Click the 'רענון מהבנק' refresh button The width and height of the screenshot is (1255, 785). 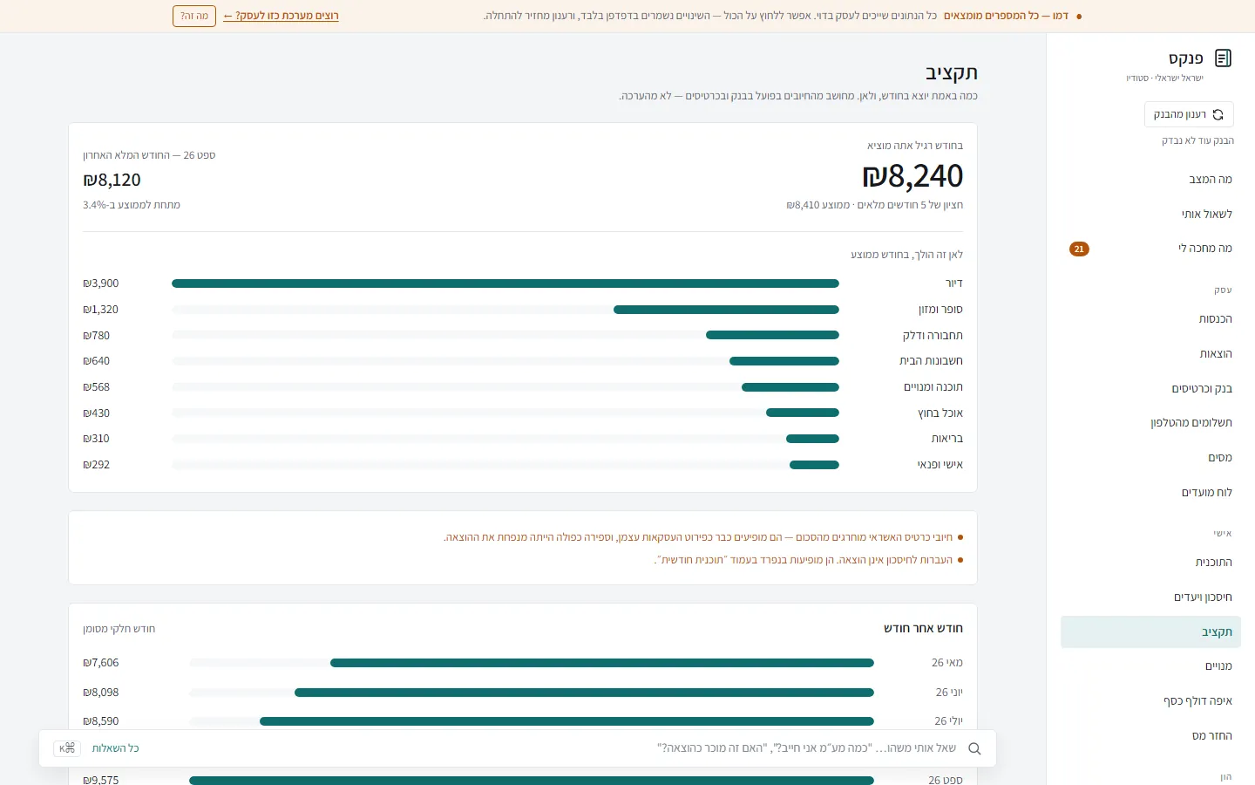point(1189,114)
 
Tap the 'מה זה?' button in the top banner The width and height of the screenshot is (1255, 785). point(193,16)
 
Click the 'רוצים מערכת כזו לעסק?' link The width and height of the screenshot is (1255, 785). point(281,16)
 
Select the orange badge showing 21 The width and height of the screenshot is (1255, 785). point(1079,249)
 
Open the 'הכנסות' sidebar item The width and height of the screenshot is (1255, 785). point(1215,319)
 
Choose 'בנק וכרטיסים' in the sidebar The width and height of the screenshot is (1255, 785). point(1202,389)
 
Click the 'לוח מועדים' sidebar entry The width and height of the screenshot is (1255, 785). point(1207,492)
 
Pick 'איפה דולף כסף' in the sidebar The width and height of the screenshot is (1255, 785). point(1197,701)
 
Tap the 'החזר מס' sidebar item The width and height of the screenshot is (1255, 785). point(1211,735)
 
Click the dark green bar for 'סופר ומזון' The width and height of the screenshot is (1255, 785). point(726,310)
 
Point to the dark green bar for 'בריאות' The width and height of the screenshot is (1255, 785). point(812,439)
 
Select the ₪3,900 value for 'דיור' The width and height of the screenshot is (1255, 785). point(101,283)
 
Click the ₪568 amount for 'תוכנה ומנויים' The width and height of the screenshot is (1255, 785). point(97,387)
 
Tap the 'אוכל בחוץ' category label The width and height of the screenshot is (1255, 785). point(940,413)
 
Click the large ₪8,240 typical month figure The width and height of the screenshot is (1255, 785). point(912,175)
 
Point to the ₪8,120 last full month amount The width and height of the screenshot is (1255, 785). point(112,180)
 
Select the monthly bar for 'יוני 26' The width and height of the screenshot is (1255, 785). point(584,693)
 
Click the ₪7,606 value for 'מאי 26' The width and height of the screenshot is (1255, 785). point(101,663)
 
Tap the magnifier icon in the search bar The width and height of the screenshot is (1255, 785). point(974,748)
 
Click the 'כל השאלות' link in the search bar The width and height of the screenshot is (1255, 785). point(115,748)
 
